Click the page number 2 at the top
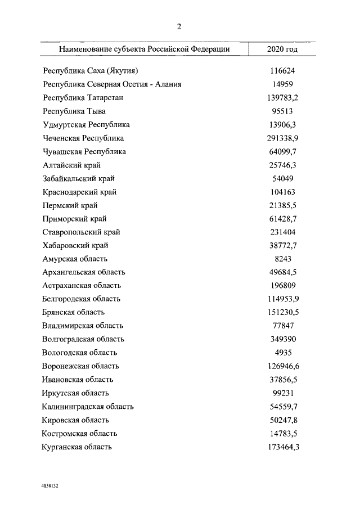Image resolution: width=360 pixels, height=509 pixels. tap(179, 26)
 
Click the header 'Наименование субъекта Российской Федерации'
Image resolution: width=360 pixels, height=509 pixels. tap(144, 49)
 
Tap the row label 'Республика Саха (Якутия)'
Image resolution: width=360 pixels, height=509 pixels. tap(91, 71)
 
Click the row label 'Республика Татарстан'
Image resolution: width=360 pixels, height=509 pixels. tap(83, 98)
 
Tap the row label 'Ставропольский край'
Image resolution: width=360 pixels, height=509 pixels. tap(82, 232)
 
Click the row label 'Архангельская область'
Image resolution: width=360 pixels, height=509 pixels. tap(84, 272)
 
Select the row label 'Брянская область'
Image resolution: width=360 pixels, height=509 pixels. tap(74, 312)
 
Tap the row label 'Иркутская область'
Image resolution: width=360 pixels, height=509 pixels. tap(75, 393)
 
